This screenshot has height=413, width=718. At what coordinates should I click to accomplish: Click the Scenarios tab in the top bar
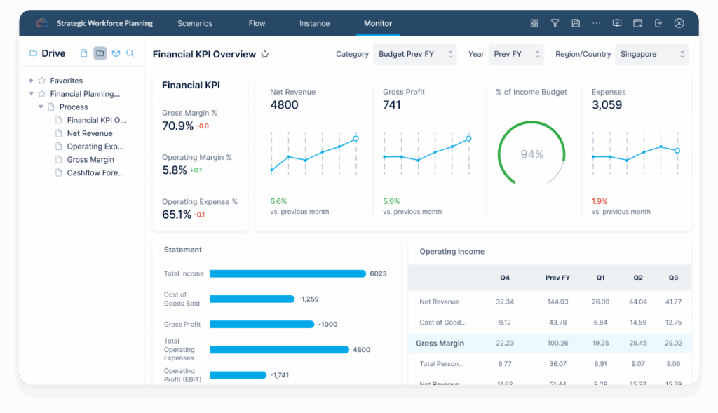tap(194, 23)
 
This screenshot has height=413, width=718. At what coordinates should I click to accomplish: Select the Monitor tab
tap(378, 23)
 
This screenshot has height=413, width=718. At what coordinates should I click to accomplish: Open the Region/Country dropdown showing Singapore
tap(651, 54)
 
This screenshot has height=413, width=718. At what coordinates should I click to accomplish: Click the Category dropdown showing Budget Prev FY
tap(414, 54)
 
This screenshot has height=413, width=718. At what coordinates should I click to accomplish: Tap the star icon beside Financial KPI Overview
tap(265, 55)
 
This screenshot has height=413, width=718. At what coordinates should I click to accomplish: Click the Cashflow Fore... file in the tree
tap(95, 173)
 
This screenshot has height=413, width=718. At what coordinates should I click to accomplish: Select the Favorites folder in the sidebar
tap(66, 81)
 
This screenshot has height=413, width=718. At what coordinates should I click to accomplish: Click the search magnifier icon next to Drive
tap(130, 53)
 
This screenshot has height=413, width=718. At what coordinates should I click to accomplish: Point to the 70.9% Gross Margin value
tap(177, 126)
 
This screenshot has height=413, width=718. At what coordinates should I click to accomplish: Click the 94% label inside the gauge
tap(532, 154)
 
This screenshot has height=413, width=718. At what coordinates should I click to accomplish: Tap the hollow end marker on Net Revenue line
tap(355, 139)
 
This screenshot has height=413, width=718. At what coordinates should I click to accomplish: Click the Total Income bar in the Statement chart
tap(287, 273)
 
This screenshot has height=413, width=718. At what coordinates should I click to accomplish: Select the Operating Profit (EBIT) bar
tap(238, 375)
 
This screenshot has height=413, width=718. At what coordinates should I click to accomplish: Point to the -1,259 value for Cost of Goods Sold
tap(309, 299)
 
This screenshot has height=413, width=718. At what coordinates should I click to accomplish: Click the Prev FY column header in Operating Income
tap(557, 278)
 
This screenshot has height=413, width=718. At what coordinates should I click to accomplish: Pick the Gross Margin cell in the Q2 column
tap(638, 344)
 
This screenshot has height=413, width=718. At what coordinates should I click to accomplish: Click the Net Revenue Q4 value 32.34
tap(505, 302)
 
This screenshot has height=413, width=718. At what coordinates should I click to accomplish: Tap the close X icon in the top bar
tap(679, 23)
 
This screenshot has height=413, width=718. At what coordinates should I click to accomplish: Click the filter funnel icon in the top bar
tap(555, 23)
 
